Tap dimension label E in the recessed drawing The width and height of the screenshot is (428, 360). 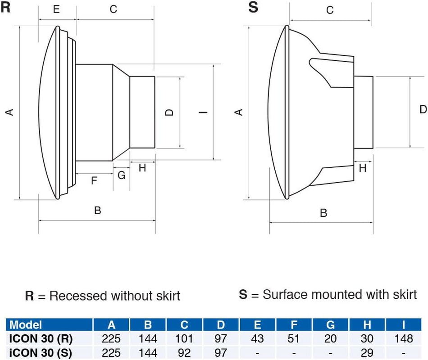point(56,9)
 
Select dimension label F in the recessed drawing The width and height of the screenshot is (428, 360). point(94,181)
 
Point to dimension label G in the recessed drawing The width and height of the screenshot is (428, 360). point(121,175)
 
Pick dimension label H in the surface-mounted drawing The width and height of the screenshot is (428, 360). point(363,168)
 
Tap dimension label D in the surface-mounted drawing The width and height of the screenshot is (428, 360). point(423,109)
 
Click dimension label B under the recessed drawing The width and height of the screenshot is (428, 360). point(97,210)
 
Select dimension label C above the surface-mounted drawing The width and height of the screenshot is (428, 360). point(330,10)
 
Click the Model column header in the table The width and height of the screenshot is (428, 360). point(26,325)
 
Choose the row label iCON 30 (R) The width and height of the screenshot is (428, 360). point(41,338)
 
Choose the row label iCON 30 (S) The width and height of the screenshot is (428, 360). point(41,352)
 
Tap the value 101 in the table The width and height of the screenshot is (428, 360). point(184,338)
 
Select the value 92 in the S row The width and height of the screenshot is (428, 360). point(184,352)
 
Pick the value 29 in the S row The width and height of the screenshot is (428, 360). point(367,352)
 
